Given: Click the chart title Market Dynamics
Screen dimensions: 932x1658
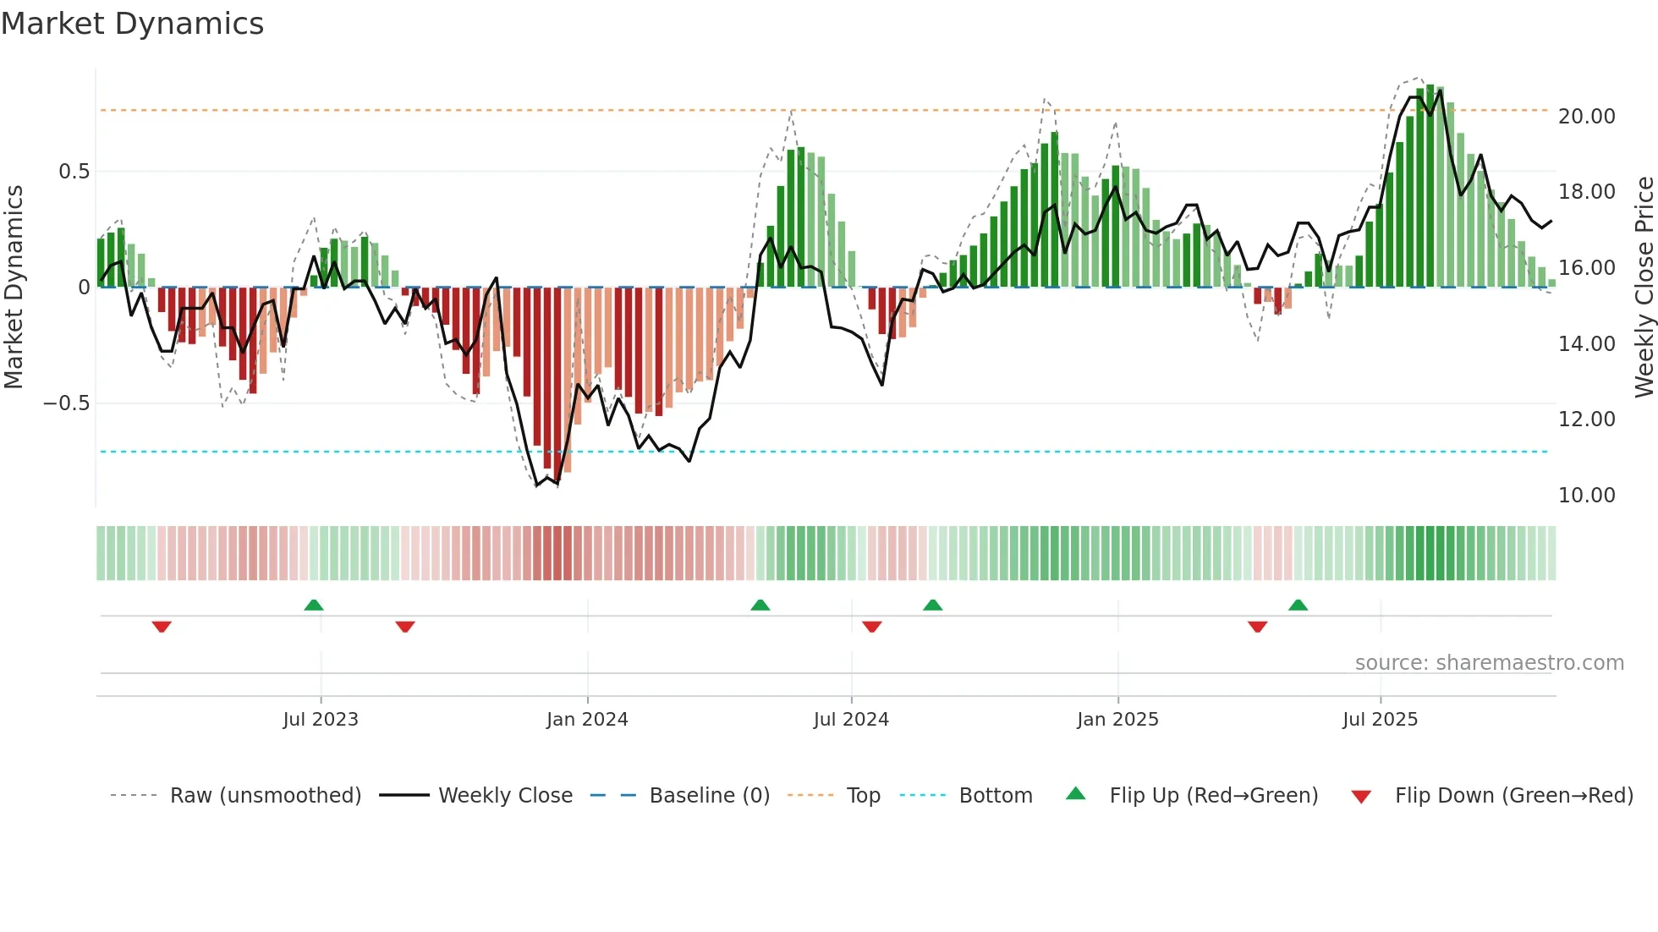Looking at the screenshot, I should (132, 24).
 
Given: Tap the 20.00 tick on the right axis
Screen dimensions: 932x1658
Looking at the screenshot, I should (1586, 117).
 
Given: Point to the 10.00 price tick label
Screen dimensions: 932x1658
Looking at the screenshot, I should (1586, 496).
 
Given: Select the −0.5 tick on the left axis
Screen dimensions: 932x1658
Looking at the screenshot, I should (67, 403).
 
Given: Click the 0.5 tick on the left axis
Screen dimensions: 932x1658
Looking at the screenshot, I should (74, 172).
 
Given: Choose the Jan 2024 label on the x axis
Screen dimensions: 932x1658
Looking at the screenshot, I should (587, 720).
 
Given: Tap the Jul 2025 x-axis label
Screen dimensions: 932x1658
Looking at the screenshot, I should (1380, 720).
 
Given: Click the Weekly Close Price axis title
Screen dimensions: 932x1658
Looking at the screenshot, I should (1644, 288).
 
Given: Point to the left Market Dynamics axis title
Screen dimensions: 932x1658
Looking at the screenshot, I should (14, 288).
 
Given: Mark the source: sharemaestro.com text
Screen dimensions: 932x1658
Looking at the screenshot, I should (1489, 663).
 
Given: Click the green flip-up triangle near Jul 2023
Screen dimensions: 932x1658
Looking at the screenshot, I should (314, 606).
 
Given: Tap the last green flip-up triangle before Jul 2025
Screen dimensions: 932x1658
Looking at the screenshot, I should (1298, 606).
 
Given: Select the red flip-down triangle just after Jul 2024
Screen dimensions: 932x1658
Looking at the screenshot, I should (872, 627).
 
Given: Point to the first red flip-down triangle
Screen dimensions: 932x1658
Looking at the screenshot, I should (162, 627).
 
